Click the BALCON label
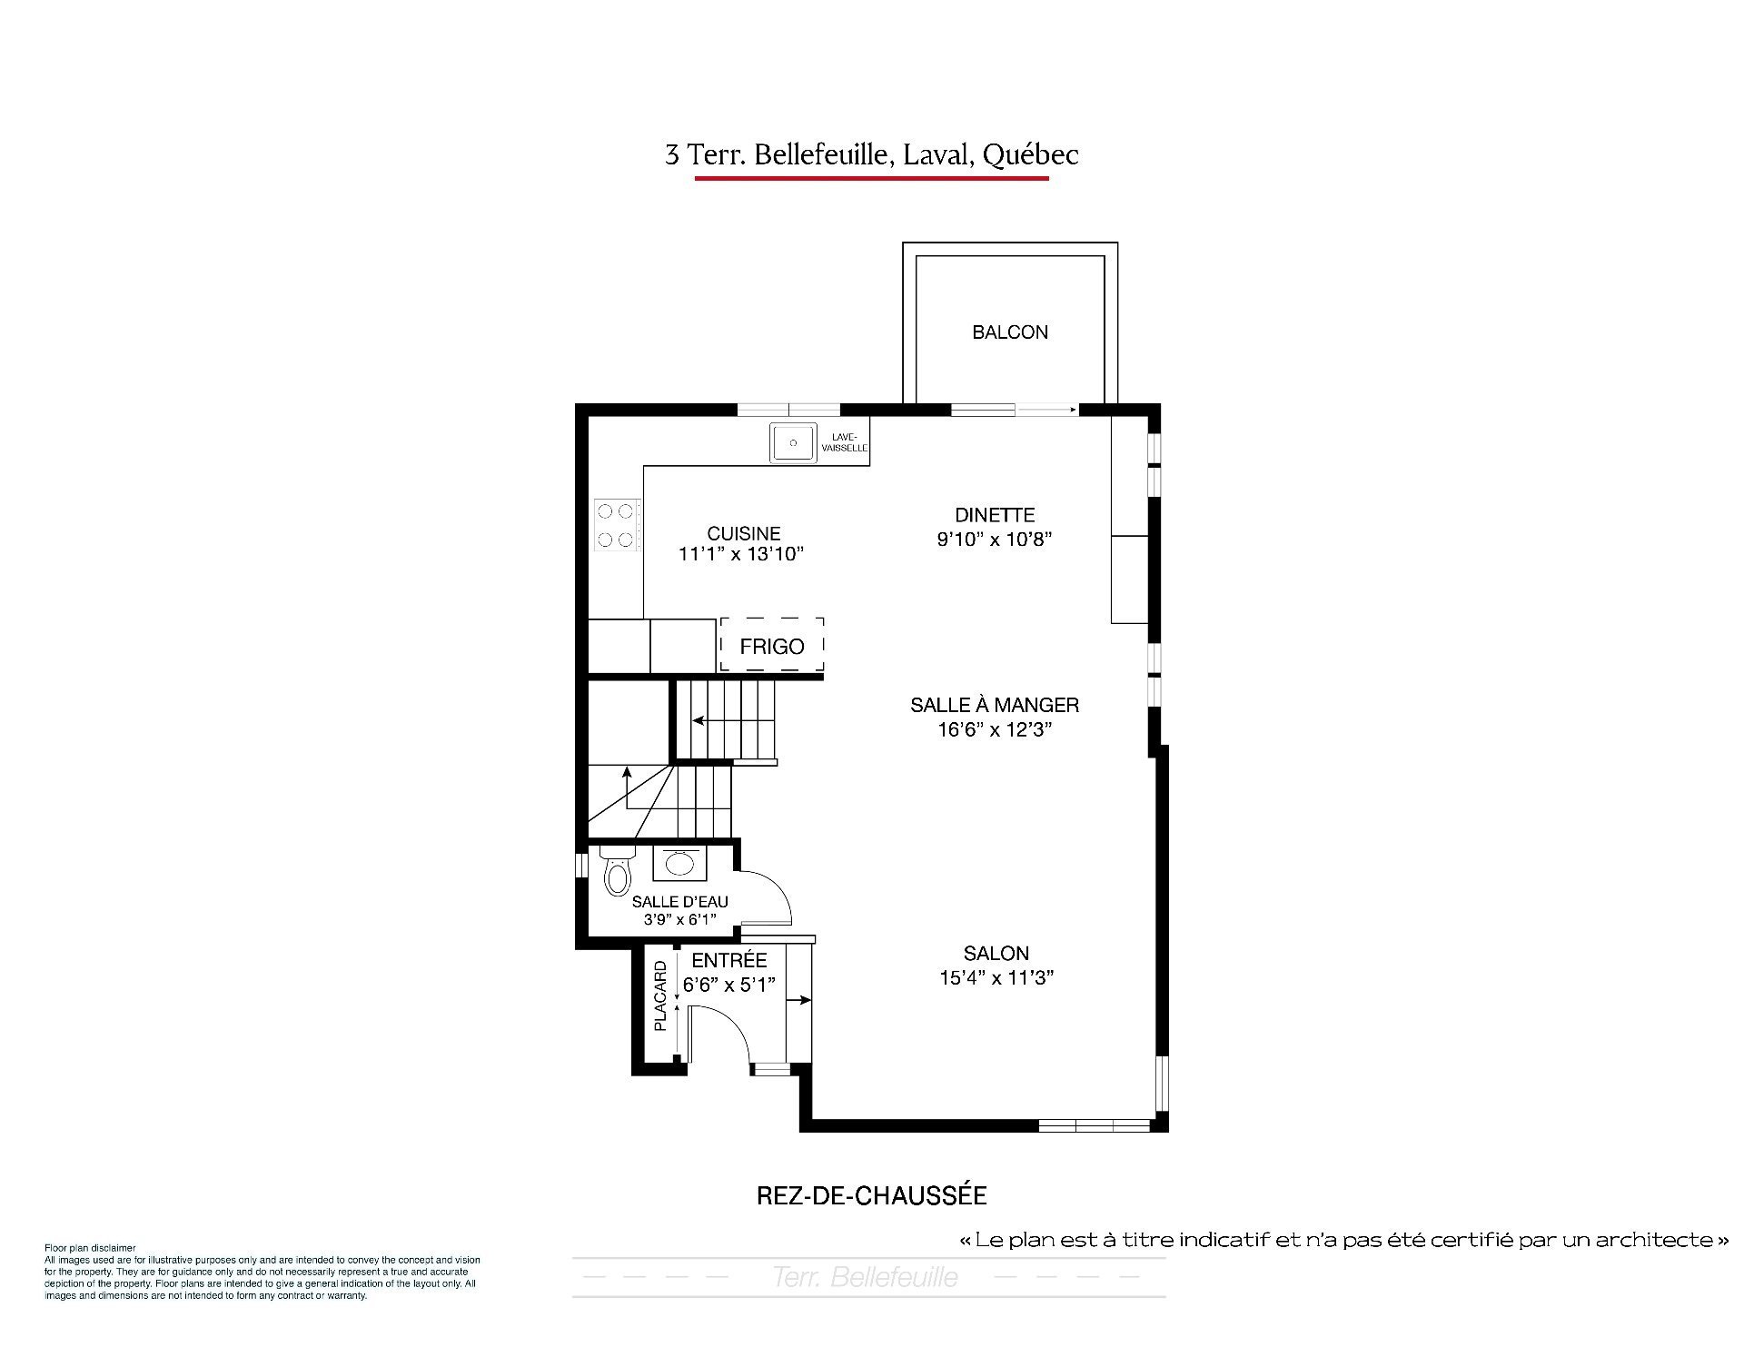1010,332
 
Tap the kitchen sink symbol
794,443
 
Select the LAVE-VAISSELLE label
845,442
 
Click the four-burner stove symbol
617,525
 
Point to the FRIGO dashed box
772,645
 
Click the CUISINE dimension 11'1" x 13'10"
742,554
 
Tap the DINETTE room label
995,515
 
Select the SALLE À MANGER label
995,705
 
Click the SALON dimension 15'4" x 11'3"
996,978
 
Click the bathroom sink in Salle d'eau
679,862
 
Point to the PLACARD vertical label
660,996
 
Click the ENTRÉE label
729,960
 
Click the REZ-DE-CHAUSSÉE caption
872,1195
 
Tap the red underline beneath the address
872,178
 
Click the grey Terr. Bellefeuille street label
865,1278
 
